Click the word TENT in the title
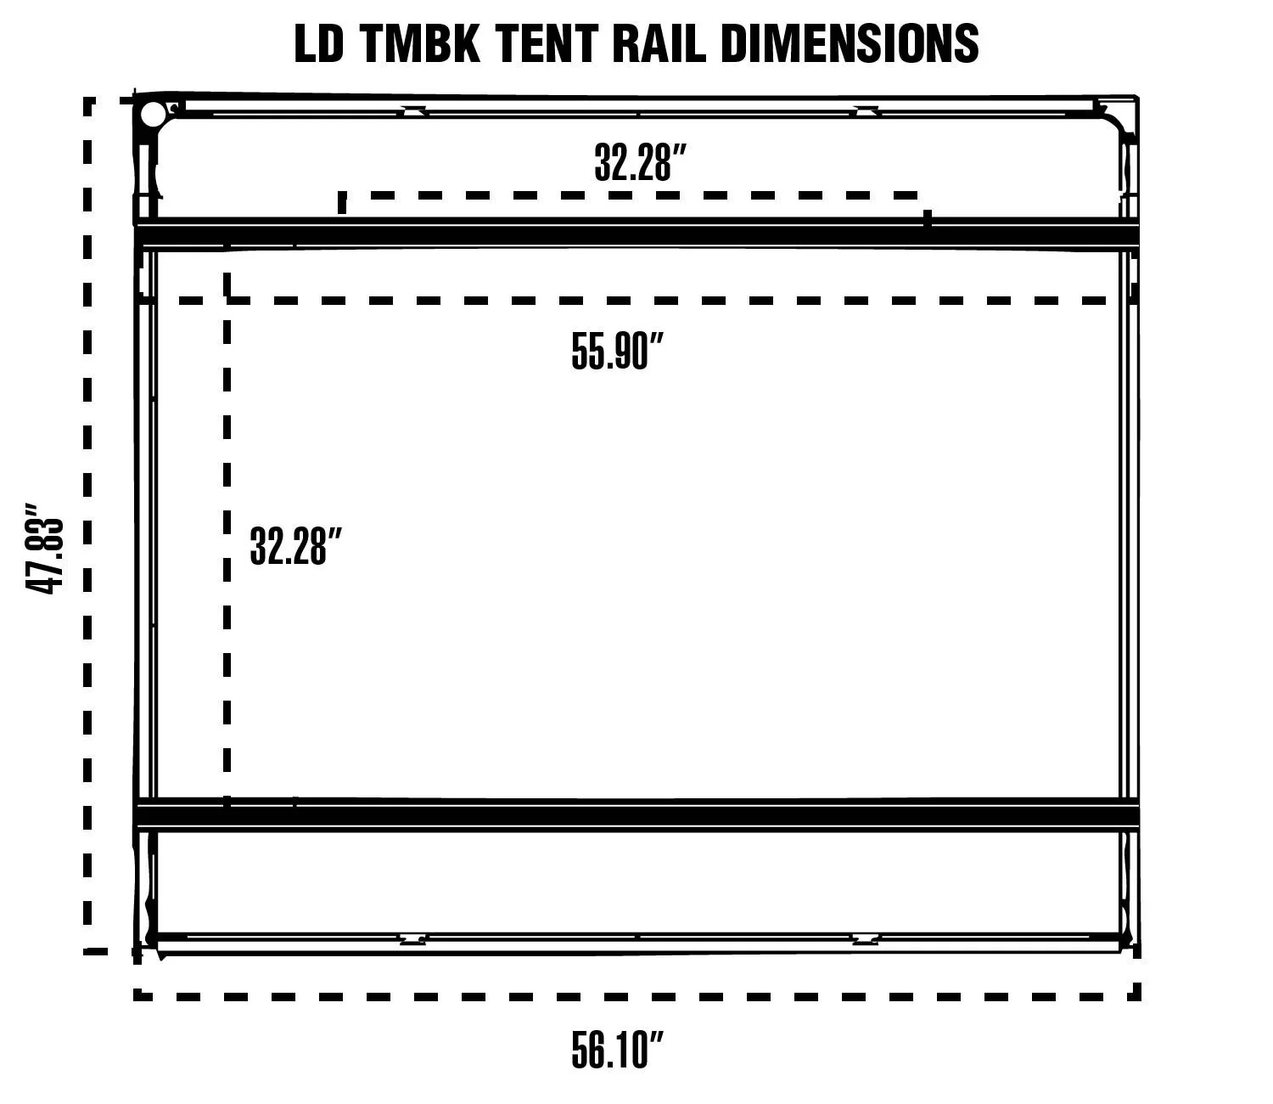pos(546,44)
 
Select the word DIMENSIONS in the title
pos(850,44)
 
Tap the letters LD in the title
pos(318,44)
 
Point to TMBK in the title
pos(418,44)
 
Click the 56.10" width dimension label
pos(618,1049)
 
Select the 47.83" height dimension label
pos(44,548)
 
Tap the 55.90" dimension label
pos(618,351)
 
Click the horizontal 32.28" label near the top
pos(641,162)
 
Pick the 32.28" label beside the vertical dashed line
pos(295,545)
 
